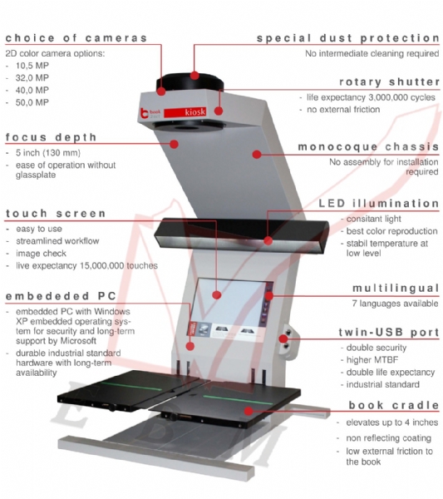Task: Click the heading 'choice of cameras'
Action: pyautogui.click(x=76, y=38)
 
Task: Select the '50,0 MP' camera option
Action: pyautogui.click(x=32, y=102)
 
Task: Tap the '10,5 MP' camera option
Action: pyautogui.click(x=32, y=66)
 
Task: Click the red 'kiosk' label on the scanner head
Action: pyautogui.click(x=185, y=112)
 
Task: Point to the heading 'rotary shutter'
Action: pyautogui.click(x=390, y=82)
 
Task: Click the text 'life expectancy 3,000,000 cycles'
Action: pyautogui.click(x=371, y=97)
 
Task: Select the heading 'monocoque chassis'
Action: pyautogui.click(x=368, y=146)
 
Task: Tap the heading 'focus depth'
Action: pyautogui.click(x=51, y=137)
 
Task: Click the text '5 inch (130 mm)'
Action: pyautogui.click(x=48, y=153)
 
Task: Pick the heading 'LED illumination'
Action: pyautogui.click(x=379, y=204)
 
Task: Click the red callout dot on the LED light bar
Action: pyautogui.click(x=268, y=240)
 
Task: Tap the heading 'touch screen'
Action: pyautogui.click(x=56, y=214)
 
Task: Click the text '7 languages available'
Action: pyautogui.click(x=395, y=304)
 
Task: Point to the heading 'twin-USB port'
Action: pyautogui.click(x=389, y=332)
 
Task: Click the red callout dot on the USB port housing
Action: pyautogui.click(x=283, y=338)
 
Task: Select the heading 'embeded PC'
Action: pyautogui.click(x=61, y=296)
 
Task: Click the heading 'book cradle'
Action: pyautogui.click(x=394, y=405)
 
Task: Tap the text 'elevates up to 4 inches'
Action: pyautogui.click(x=392, y=422)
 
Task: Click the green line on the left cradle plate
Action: pyautogui.click(x=130, y=386)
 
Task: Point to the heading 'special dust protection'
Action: pyautogui.click(x=348, y=38)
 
